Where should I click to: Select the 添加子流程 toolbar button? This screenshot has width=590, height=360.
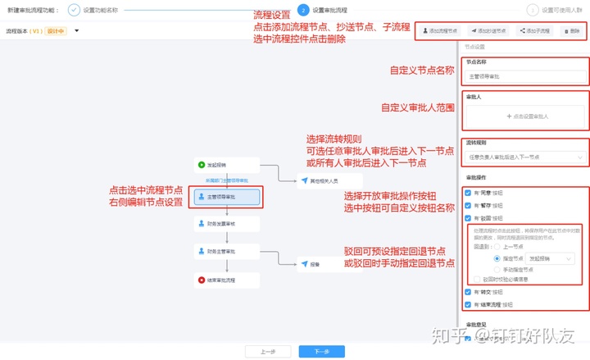534,31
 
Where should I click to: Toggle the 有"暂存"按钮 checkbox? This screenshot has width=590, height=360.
467,206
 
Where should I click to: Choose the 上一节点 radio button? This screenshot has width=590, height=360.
497,247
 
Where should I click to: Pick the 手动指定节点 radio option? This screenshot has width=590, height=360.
497,269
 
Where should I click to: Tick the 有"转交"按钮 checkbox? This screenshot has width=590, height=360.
467,292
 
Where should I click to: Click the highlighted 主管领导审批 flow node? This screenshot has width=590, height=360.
227,197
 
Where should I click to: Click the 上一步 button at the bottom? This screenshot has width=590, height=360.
267,351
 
